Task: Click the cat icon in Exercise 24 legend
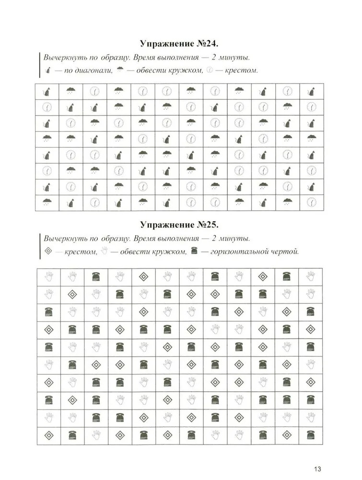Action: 47,71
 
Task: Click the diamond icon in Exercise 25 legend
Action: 47,251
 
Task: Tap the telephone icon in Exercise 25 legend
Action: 194,251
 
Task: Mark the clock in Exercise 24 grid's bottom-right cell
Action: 311,203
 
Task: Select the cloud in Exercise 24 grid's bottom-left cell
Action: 47,202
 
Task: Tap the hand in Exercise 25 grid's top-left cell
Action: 48,276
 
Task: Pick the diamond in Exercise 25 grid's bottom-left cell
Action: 48,435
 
